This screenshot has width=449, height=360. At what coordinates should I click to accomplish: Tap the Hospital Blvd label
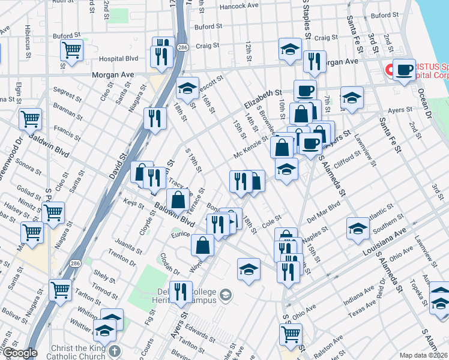(x=118, y=59)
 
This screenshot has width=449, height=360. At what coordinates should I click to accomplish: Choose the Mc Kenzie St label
(x=251, y=148)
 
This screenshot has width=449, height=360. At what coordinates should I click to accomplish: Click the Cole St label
(x=272, y=222)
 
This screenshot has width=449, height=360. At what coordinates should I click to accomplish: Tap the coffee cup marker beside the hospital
(x=405, y=70)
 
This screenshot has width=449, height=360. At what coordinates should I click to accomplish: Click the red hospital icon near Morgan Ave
(x=389, y=70)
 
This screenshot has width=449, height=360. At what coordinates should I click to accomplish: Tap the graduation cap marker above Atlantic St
(x=358, y=227)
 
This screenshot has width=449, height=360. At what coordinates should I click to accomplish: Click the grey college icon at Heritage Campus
(x=225, y=293)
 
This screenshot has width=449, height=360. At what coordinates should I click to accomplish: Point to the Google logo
(x=19, y=353)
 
